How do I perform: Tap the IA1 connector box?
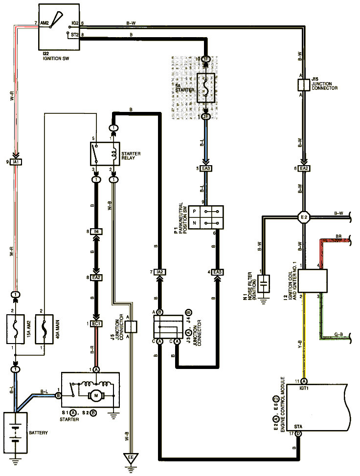click(x=16, y=162)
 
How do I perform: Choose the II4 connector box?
click(x=96, y=231)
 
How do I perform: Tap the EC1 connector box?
click(x=96, y=324)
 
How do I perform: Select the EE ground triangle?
click(x=131, y=458)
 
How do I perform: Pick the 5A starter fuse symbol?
click(x=206, y=88)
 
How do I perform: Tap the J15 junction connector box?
click(x=304, y=84)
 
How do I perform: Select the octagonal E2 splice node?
click(x=304, y=216)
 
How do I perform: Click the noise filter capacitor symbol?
click(x=265, y=282)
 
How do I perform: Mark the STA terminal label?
click(x=298, y=427)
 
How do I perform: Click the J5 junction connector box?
click(x=131, y=326)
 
